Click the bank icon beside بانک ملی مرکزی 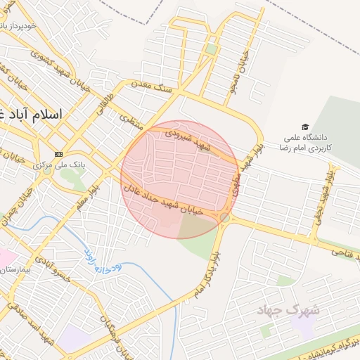[59, 154]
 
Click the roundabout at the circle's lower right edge [224, 218]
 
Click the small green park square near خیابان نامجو [212, 49]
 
